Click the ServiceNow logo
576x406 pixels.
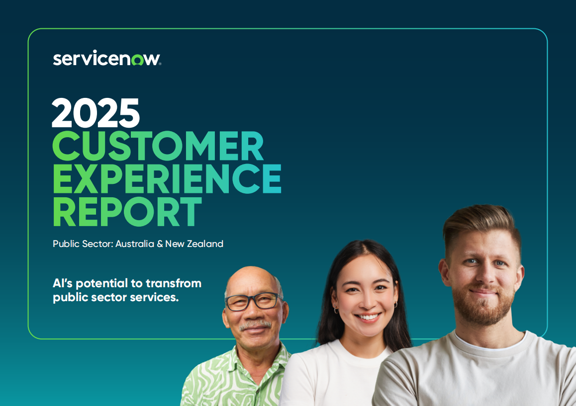click(x=107, y=58)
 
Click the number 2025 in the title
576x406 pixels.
click(x=96, y=113)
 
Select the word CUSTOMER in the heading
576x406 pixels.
click(x=158, y=146)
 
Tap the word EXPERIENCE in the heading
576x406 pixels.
click(x=167, y=178)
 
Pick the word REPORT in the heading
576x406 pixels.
click(x=127, y=211)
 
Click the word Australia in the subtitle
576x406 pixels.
click(x=135, y=244)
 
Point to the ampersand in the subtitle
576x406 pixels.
click(x=160, y=244)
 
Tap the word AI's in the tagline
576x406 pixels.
click(x=63, y=283)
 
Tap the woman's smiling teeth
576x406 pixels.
click(x=368, y=317)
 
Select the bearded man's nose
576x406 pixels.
click(x=483, y=275)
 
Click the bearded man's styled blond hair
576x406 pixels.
click(x=481, y=226)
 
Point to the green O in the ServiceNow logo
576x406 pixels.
click(x=137, y=60)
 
